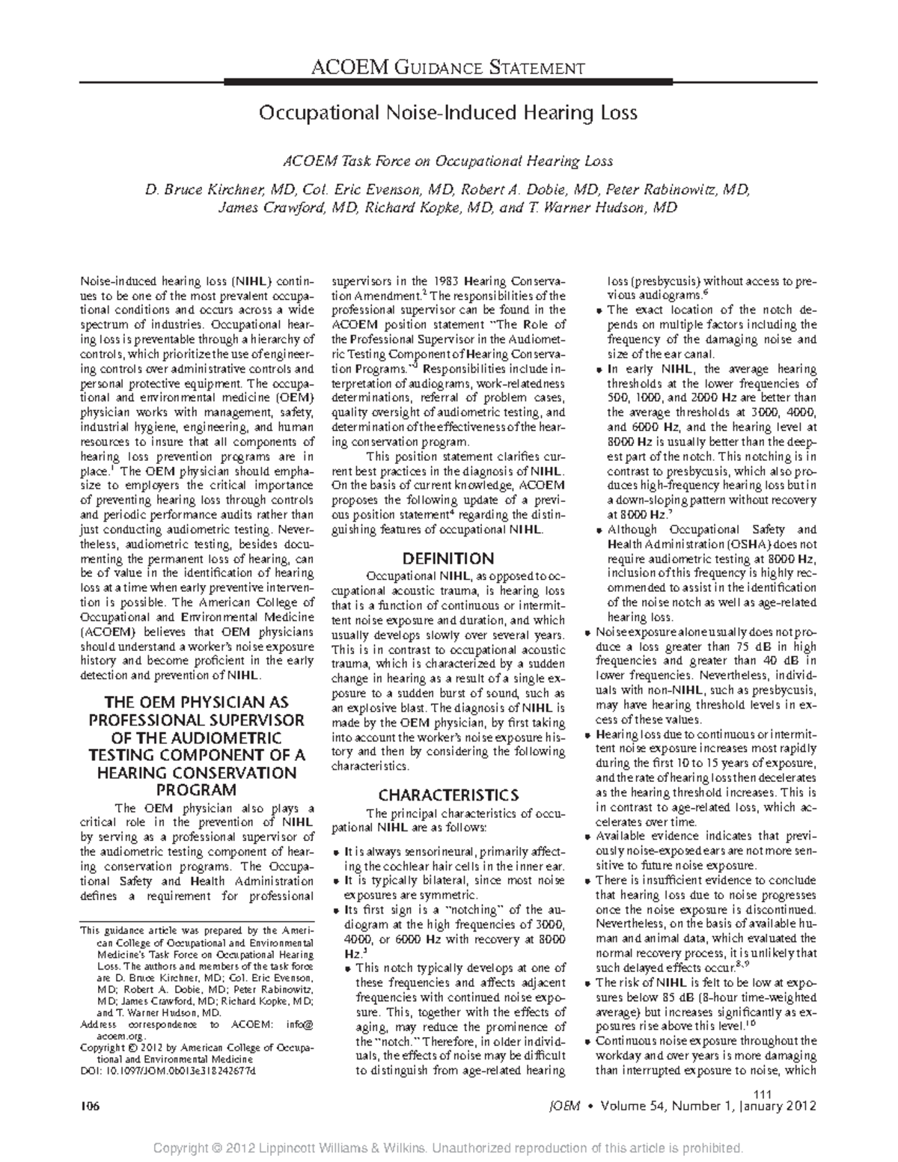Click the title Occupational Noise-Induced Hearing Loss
coord(448,113)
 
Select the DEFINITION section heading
coord(448,558)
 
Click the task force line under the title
coord(448,161)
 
